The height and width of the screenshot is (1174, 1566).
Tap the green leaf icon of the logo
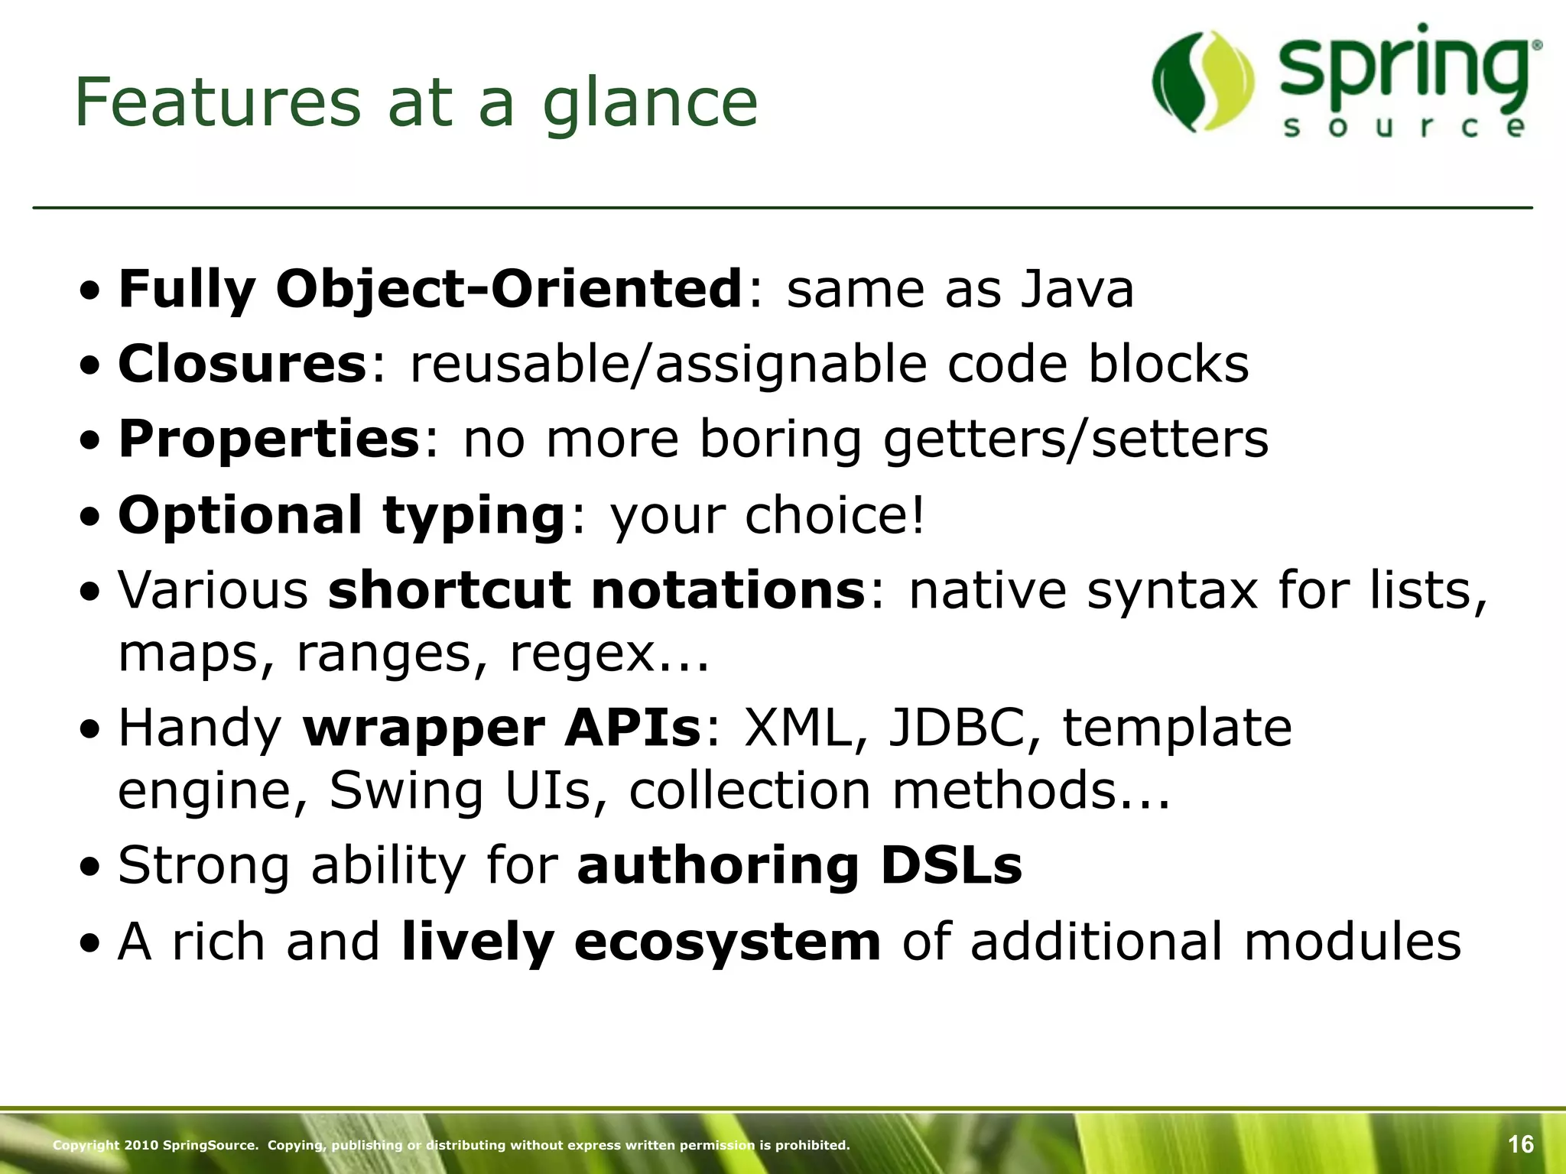1203,82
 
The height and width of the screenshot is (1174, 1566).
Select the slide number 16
1520,1144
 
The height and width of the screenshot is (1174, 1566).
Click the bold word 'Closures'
242,364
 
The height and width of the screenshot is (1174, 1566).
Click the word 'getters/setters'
1075,440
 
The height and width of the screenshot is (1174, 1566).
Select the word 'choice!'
835,515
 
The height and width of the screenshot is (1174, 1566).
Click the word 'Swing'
406,790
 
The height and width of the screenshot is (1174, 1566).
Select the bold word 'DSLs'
951,865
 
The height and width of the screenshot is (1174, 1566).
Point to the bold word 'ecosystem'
727,942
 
